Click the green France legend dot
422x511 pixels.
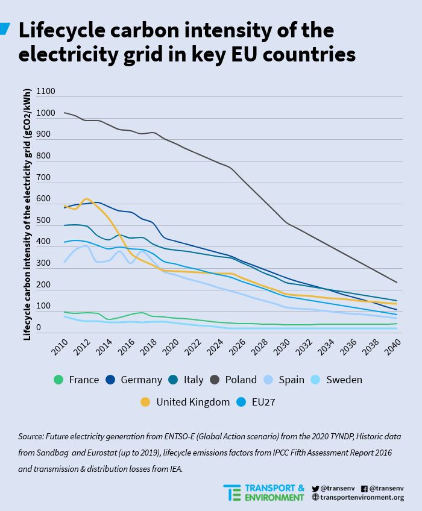pyautogui.click(x=58, y=380)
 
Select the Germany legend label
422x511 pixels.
pyautogui.click(x=141, y=380)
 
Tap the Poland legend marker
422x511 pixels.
pyautogui.click(x=214, y=380)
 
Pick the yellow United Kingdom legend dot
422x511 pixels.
pyautogui.click(x=145, y=402)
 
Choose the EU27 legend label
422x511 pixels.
pyautogui.click(x=263, y=402)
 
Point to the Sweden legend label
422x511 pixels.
pyautogui.click(x=344, y=380)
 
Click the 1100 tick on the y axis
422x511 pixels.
pyautogui.click(x=45, y=91)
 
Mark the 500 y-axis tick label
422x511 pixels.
pyautogui.click(x=43, y=220)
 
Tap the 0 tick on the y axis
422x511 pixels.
pyautogui.click(x=39, y=328)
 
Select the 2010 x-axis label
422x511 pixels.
pyautogui.click(x=60, y=346)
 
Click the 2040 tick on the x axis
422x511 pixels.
pyautogui.click(x=392, y=346)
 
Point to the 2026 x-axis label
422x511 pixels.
pyautogui.click(x=237, y=346)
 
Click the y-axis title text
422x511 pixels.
pyautogui.click(x=27, y=215)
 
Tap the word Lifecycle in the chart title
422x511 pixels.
pyautogui.click(x=62, y=30)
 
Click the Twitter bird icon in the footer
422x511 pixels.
pyautogui.click(x=315, y=489)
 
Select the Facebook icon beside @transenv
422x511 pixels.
pyautogui.click(x=364, y=489)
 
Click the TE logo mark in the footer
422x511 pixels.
pyautogui.click(x=232, y=492)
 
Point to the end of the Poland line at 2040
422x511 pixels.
pyautogui.click(x=397, y=282)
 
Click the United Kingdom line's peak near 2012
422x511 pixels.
pyautogui.click(x=86, y=198)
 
